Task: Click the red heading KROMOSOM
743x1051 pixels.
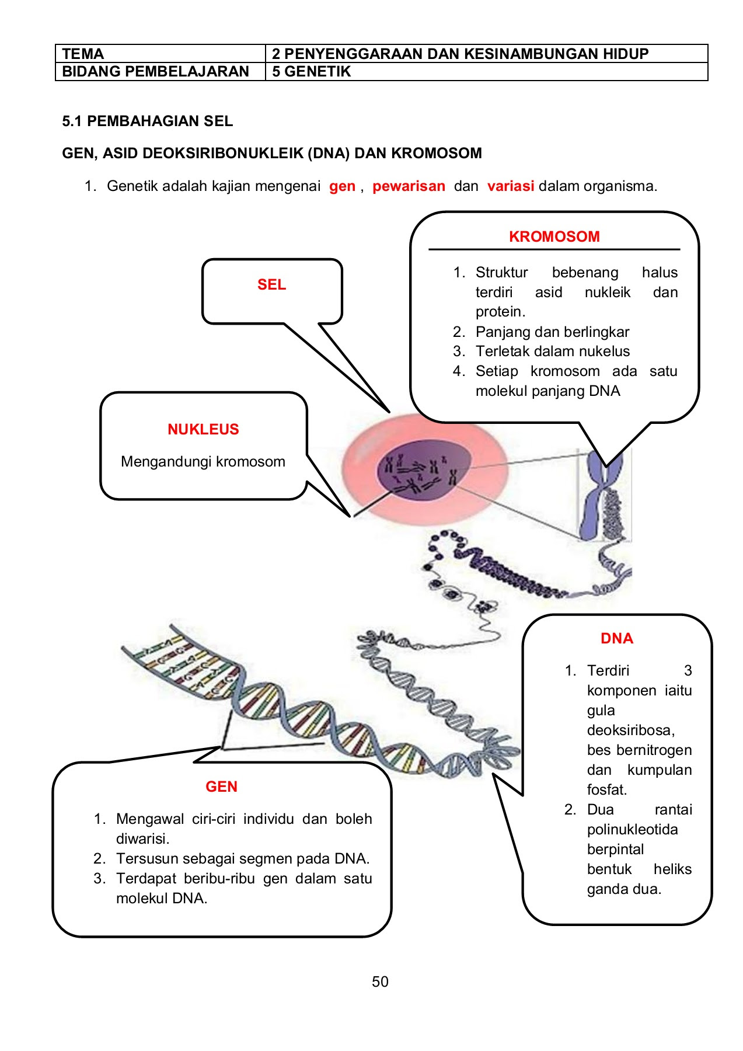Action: [554, 236]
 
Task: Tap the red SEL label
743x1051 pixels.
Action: [271, 284]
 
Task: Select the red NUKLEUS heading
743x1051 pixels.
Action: [203, 429]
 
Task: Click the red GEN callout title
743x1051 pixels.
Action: [221, 786]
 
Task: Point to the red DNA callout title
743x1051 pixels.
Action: [616, 638]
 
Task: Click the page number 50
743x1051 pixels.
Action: [380, 982]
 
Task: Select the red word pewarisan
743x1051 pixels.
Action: [409, 186]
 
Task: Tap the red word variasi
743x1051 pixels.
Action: [511, 186]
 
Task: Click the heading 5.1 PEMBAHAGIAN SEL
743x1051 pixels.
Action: [147, 121]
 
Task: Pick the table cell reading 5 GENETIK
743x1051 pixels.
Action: [311, 72]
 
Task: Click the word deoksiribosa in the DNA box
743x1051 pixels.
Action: [630, 730]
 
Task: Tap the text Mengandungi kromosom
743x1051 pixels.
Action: [203, 461]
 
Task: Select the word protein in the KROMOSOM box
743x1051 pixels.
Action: [500, 312]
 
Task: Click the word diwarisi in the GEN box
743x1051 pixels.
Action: [142, 838]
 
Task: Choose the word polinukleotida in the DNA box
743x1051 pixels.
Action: [632, 829]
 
